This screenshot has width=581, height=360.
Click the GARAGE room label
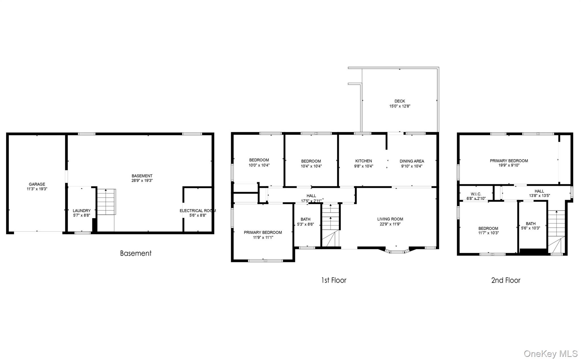[37, 184]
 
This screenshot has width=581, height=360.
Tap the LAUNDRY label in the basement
[82, 211]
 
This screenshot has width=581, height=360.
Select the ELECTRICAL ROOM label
[198, 211]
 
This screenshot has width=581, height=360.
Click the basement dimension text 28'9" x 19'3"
[142, 181]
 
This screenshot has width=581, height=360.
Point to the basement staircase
[106, 202]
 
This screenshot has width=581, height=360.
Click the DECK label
[400, 101]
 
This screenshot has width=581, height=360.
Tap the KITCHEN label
[364, 161]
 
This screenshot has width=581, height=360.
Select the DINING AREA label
[412, 161]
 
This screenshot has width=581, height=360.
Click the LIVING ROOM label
[390, 219]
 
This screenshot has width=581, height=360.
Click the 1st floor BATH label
[306, 219]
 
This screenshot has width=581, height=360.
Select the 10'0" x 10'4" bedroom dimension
[259, 165]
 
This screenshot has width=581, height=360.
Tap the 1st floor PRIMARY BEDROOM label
[263, 233]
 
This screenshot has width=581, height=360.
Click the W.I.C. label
[476, 194]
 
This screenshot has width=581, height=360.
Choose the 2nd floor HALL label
[539, 191]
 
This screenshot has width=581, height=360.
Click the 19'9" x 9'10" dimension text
[509, 165]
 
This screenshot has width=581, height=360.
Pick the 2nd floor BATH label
[531, 224]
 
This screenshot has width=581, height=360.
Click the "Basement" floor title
[136, 253]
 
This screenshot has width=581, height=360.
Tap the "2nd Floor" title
[506, 280]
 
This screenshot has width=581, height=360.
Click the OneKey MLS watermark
[551, 353]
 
